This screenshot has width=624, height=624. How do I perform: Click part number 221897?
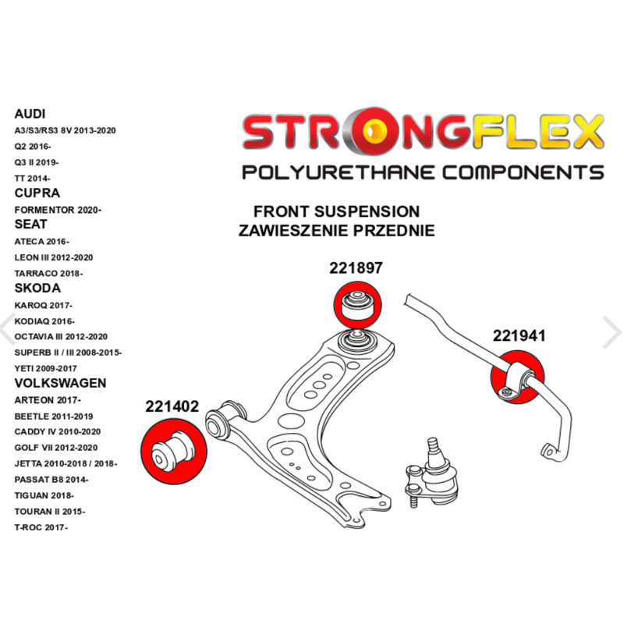tap(356, 268)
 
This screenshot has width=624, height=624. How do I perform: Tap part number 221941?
tap(519, 336)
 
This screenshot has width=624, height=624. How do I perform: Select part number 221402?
tap(172, 406)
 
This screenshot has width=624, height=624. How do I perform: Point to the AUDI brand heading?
tap(30, 114)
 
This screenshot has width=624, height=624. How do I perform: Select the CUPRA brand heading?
tap(37, 193)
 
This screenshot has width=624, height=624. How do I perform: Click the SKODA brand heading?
tap(37, 289)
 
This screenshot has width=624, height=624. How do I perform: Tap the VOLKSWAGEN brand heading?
tap(60, 383)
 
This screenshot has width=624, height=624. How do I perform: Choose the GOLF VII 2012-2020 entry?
tap(56, 447)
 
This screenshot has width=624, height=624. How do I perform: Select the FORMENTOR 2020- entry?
tap(58, 209)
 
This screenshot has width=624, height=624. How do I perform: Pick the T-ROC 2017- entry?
tap(41, 527)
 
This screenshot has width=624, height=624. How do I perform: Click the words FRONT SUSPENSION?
tap(336, 211)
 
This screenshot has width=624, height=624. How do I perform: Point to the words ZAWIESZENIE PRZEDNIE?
tap(336, 231)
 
